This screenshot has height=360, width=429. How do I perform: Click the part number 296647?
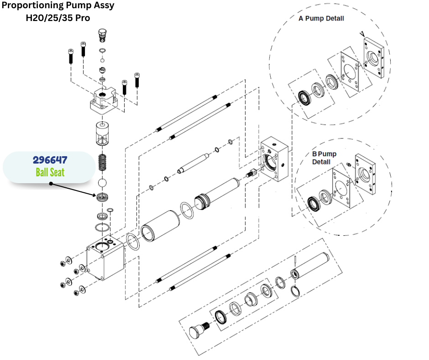(50, 160)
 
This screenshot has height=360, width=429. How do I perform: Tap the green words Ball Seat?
(50, 172)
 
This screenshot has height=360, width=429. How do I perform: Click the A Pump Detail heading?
(321, 19)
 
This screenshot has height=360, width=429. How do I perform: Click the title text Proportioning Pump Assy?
(57, 6)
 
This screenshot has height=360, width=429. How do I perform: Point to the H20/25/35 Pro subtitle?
(58, 18)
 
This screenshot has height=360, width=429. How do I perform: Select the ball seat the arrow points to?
(103, 197)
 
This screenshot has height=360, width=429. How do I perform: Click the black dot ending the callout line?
(51, 185)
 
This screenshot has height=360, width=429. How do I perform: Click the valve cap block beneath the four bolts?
(106, 101)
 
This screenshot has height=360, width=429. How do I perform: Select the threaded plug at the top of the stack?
(102, 35)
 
